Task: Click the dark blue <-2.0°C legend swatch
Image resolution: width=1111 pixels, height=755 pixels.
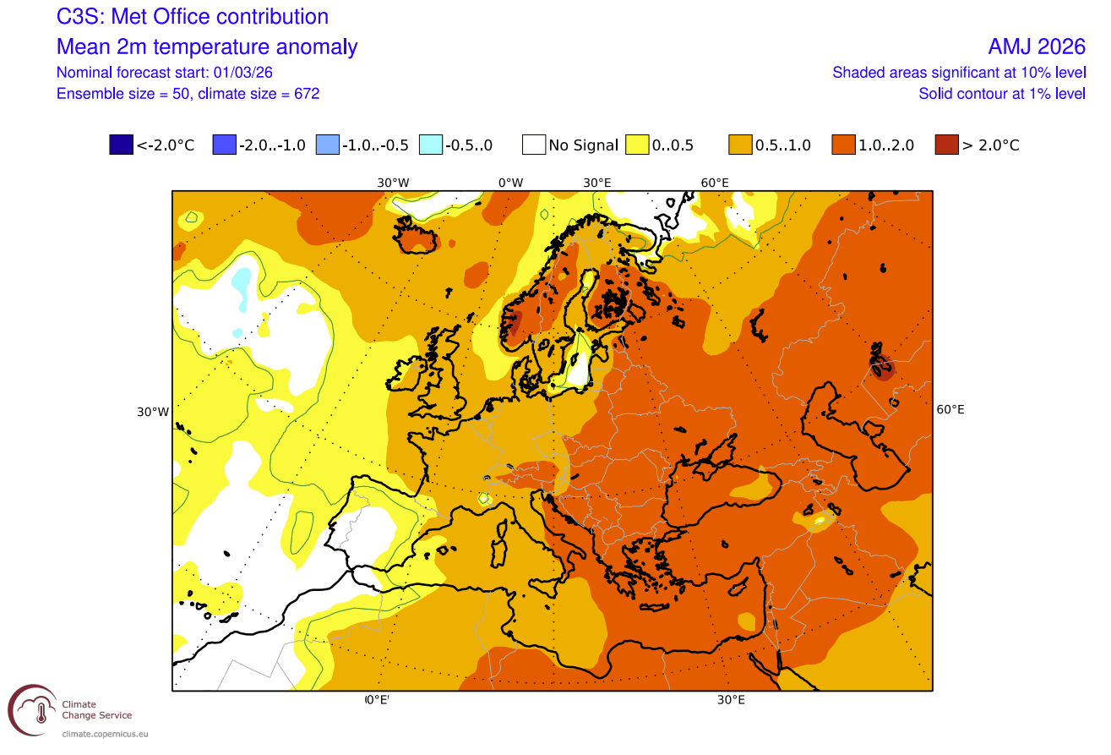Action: coord(122,145)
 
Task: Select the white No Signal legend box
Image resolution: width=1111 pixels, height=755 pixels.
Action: coord(533,145)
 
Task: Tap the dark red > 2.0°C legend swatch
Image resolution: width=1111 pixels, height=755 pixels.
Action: coord(946,145)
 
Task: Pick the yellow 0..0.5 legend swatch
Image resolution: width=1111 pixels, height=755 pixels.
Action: coord(637,145)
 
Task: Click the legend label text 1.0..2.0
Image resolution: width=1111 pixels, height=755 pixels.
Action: coord(885,145)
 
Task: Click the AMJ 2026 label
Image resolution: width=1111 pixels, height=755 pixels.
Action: coord(1037,47)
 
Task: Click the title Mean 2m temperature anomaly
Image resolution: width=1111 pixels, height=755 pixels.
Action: coord(207,47)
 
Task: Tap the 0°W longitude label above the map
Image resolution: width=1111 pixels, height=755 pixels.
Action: coord(510,183)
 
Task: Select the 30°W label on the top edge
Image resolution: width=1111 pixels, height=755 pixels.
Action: coord(393,183)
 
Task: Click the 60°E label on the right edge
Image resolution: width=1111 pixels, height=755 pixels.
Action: coord(950,409)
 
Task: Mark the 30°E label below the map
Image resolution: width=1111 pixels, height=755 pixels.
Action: coord(731,700)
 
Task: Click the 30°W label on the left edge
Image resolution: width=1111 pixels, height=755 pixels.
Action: coord(153,412)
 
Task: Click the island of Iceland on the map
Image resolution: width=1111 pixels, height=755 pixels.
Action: coord(417,238)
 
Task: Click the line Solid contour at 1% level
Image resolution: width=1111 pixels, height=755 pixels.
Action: coord(1002,94)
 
